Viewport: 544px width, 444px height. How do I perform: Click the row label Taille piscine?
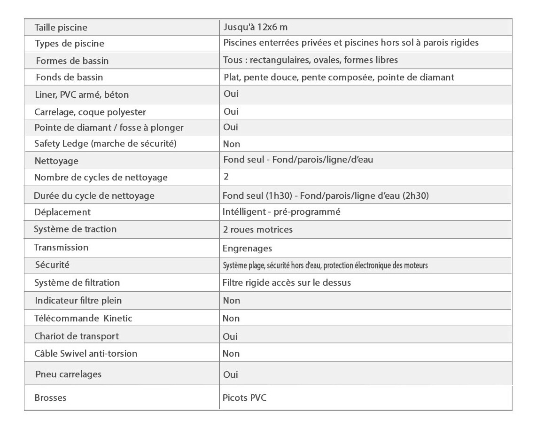pos(61,28)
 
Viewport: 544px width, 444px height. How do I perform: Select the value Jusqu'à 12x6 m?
pos(255,27)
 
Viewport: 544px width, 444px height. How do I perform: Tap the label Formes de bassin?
pos(72,61)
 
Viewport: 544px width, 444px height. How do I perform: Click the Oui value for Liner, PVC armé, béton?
pos(231,93)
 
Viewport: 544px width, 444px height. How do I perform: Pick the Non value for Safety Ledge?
pos(231,144)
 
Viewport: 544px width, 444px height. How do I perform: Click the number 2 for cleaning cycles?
pos(226,177)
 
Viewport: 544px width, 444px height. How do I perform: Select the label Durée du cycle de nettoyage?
pos(94,195)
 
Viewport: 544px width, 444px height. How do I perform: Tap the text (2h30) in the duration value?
pos(416,195)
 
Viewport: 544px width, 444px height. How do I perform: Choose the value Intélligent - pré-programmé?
pos(281,212)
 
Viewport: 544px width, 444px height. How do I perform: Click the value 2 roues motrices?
pos(257,229)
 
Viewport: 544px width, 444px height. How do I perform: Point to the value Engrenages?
pos(247,248)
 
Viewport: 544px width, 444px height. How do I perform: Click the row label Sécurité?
pos(52,265)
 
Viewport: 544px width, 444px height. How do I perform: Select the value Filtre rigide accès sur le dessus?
pos(287,283)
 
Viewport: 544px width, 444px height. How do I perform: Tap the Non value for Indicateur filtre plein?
pos(231,300)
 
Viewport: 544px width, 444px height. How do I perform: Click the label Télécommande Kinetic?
pos(83,318)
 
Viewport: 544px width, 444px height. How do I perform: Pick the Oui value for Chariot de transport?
pos(230,336)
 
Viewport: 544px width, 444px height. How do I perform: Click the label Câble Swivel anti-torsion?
pos(85,353)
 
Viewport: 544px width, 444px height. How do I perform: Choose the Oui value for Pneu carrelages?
pos(231,374)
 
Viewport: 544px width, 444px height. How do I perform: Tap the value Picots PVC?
pos(244,397)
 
